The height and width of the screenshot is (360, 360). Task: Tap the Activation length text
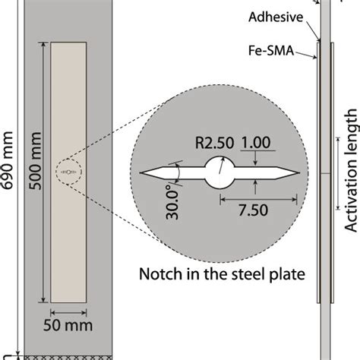[350, 187]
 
